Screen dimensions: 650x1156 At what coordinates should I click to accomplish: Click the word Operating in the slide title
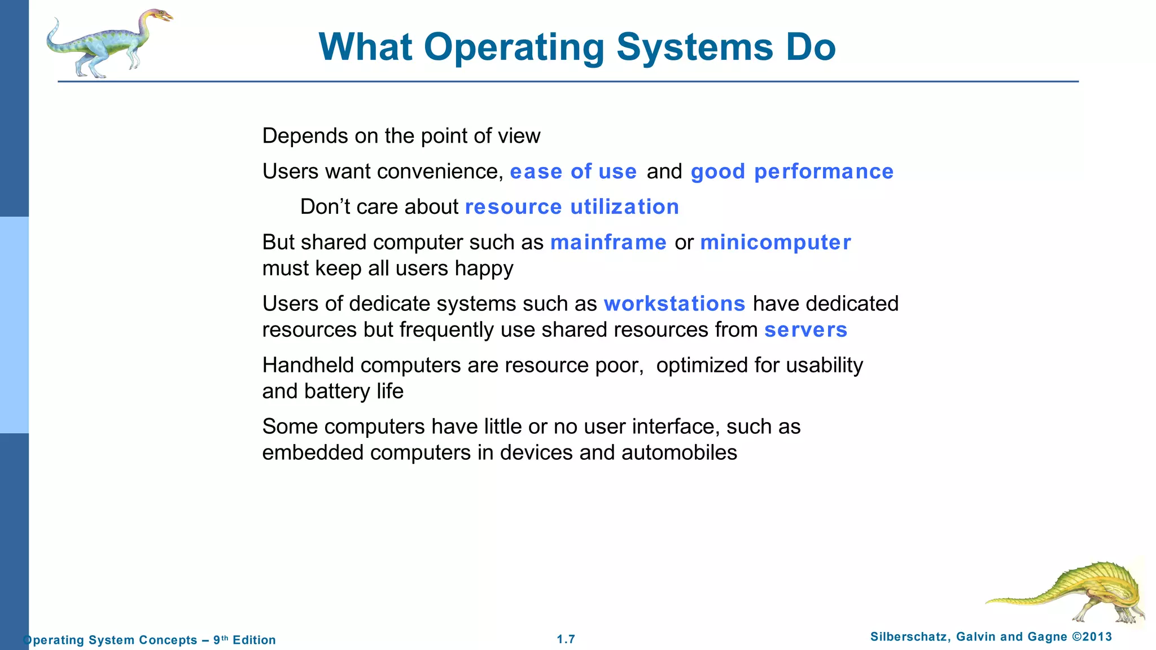pos(514,47)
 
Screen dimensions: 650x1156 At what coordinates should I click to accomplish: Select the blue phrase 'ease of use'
pos(573,172)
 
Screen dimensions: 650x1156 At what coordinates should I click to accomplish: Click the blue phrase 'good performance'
pos(792,172)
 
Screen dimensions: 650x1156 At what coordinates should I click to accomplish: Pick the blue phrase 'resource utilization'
pos(572,207)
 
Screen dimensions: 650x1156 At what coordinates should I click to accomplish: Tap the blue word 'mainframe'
pos(608,243)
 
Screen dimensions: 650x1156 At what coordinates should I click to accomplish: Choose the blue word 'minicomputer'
pos(776,243)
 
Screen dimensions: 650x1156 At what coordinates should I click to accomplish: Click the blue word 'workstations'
pos(675,304)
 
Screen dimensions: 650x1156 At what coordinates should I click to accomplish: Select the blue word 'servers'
pos(805,330)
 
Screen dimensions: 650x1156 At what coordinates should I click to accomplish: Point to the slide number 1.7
pos(566,639)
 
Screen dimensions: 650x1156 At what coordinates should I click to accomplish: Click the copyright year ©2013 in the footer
pos(1092,637)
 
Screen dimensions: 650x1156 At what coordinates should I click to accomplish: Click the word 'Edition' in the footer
pos(254,640)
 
